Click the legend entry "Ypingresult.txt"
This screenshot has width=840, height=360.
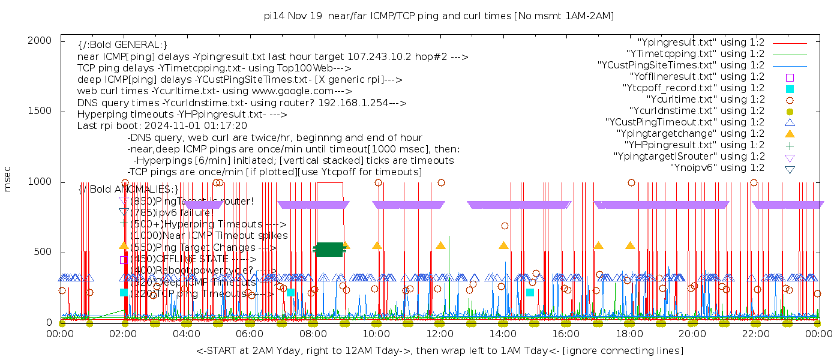pyautogui.click(x=701, y=43)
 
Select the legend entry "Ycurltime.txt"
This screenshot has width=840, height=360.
pyautogui.click(x=706, y=100)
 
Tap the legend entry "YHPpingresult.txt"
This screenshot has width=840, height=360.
pyautogui.click(x=695, y=145)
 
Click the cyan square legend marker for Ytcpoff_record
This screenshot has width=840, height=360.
pyautogui.click(x=790, y=88)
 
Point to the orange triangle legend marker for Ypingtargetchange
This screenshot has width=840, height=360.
pyautogui.click(x=790, y=133)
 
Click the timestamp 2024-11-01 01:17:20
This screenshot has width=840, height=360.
pyautogui.click(x=197, y=125)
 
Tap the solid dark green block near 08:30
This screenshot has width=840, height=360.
pyautogui.click(x=329, y=250)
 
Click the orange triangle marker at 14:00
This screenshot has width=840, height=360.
pyautogui.click(x=503, y=245)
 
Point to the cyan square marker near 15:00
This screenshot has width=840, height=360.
pyautogui.click(x=530, y=292)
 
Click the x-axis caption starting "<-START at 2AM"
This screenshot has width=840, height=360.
pyautogui.click(x=440, y=350)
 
